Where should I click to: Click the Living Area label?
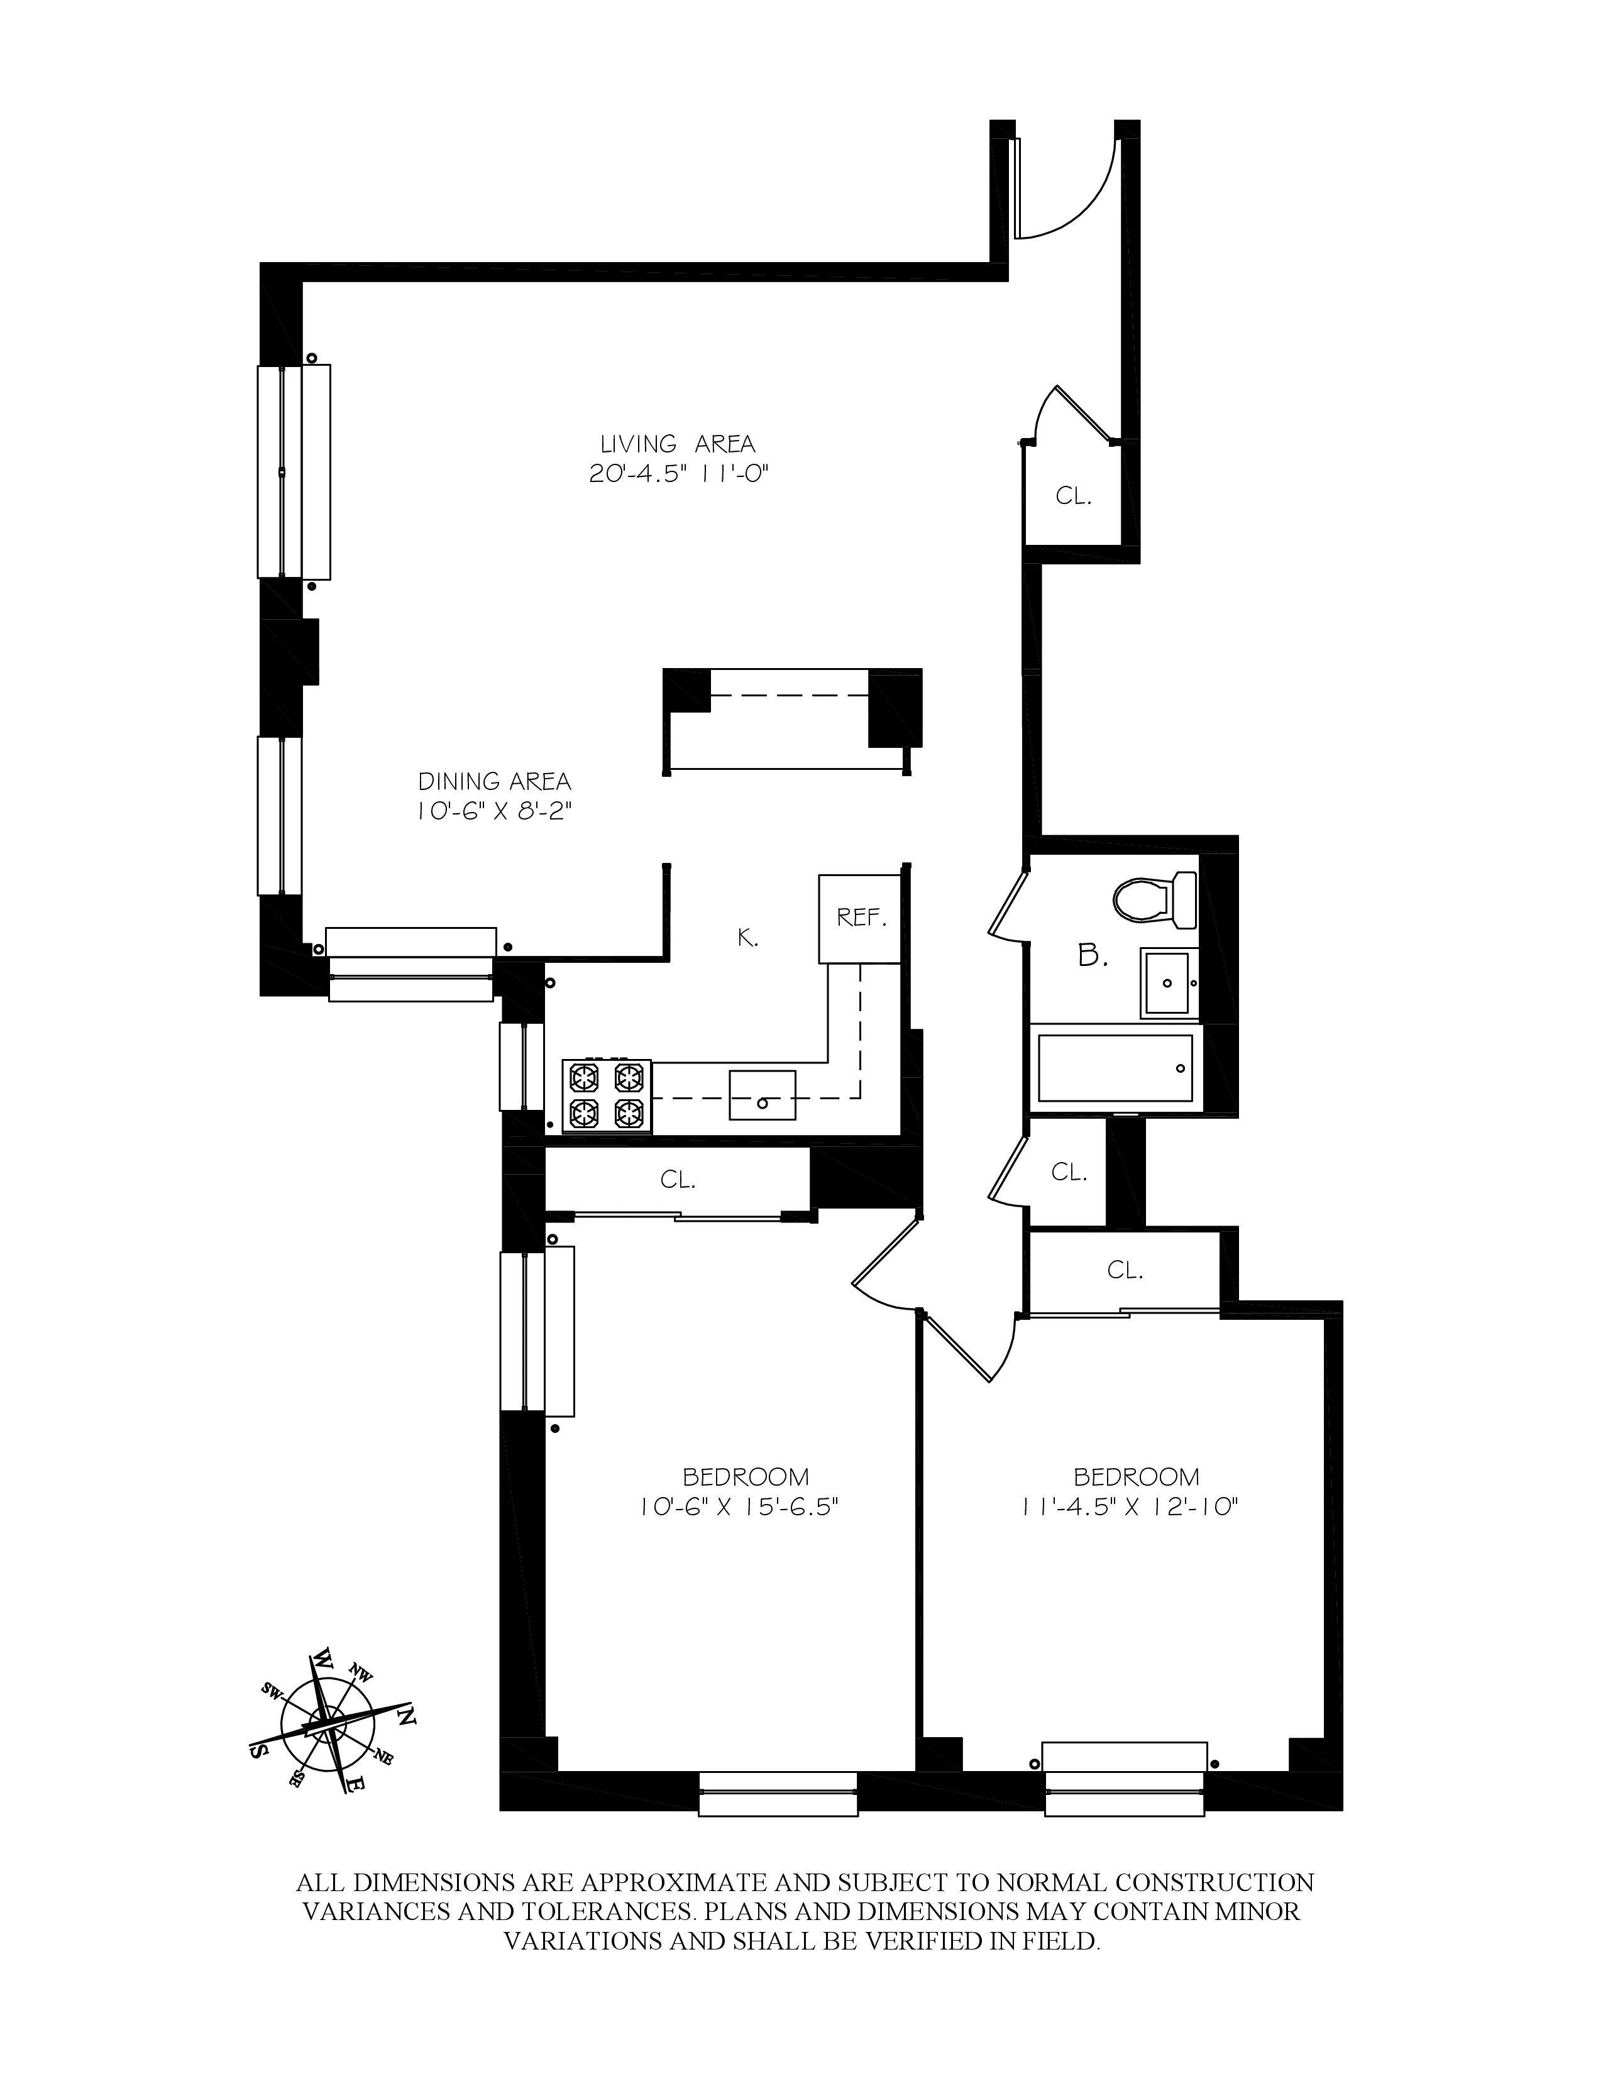click(x=677, y=444)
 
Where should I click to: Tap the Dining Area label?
click(x=495, y=782)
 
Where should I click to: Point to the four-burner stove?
click(x=607, y=1095)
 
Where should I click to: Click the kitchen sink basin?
click(x=762, y=1094)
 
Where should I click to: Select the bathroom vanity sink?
click(x=1168, y=981)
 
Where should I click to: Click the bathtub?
click(x=1115, y=1068)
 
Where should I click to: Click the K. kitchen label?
click(x=748, y=938)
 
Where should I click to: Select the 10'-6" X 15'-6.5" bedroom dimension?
click(x=740, y=1508)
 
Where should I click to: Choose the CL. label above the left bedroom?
click(x=678, y=1180)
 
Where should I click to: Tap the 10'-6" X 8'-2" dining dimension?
click(x=494, y=812)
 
